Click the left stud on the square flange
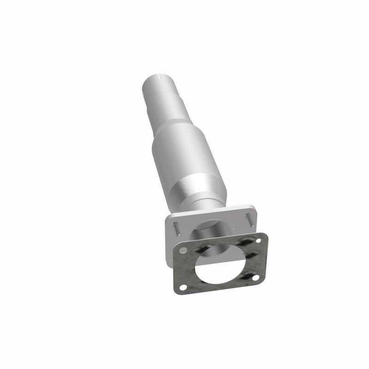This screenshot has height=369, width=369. pos(177,227)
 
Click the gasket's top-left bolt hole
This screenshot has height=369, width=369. pos(184,250)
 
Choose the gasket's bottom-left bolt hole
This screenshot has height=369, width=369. pos(183,287)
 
